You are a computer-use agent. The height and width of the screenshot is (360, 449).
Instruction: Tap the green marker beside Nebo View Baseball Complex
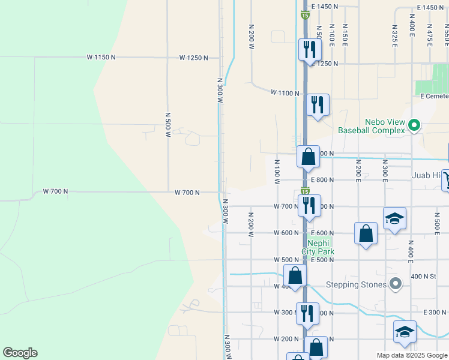414,126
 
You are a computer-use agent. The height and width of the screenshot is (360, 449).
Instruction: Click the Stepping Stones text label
356,284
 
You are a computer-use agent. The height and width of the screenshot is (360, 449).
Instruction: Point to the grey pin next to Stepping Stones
395,283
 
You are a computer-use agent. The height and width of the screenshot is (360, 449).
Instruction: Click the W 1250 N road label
193,58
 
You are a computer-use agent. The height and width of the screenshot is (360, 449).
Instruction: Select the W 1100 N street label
285,93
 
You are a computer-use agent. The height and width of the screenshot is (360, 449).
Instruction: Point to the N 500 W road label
167,124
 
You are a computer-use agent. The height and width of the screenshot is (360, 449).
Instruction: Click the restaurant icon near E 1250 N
309,49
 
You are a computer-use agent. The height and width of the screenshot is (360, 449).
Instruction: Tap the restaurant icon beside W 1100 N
316,104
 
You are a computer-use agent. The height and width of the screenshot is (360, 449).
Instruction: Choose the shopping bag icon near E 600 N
366,233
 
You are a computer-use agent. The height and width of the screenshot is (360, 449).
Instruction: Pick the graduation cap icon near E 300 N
405,331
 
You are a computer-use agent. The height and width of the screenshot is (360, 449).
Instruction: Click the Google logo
19,353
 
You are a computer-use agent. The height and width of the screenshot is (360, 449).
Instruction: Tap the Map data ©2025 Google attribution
411,355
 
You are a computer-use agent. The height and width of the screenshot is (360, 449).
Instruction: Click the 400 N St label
423,277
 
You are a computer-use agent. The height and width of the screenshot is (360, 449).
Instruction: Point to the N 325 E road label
395,37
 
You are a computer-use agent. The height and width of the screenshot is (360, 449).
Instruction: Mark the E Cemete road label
434,96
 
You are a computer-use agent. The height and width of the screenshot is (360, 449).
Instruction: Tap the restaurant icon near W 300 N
307,313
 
